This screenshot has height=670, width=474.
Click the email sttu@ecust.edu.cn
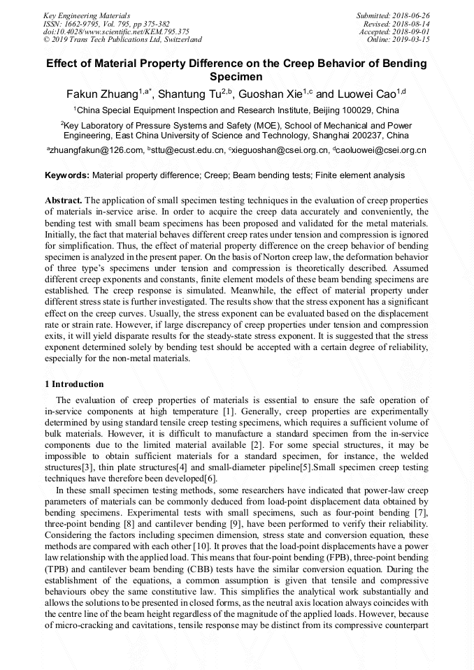click(x=188, y=150)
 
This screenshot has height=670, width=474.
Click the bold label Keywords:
click(x=67, y=175)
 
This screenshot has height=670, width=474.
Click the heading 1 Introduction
click(x=74, y=384)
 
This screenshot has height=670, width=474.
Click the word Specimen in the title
click(x=236, y=76)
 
